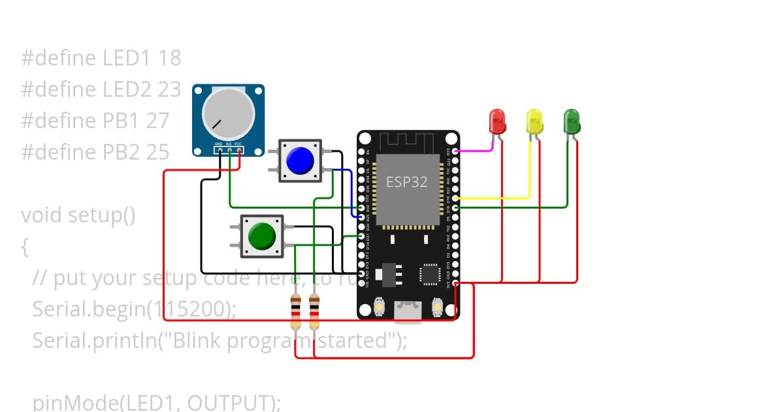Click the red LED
(497, 122)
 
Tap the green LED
(572, 122)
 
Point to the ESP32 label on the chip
(406, 182)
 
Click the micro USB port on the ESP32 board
(408, 311)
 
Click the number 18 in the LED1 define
(169, 58)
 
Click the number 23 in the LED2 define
(169, 90)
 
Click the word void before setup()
(42, 215)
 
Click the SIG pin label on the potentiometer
(229, 143)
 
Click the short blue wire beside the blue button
(351, 190)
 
